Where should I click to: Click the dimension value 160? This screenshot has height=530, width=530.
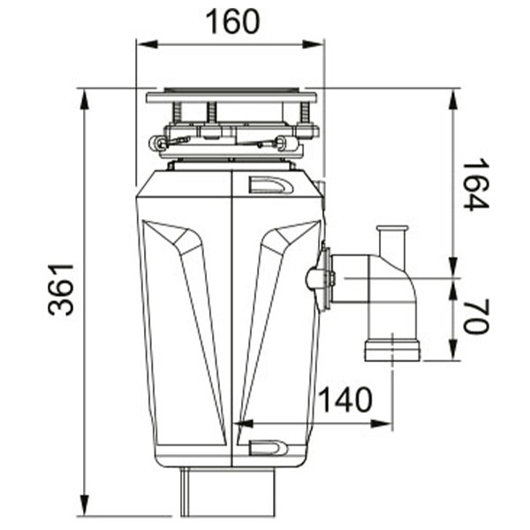coord(233,22)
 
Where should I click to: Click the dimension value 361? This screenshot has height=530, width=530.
coord(61,290)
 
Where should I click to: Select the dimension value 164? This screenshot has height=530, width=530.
coord(475,185)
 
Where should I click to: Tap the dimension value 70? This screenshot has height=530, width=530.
coord(475,316)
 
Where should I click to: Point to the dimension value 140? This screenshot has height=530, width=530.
coord(345,399)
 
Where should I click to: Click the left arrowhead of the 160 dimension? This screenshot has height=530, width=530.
coord(147,44)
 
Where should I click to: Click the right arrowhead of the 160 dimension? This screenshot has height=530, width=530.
coord(313,44)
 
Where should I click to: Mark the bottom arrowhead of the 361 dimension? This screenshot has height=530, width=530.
coord(84,505)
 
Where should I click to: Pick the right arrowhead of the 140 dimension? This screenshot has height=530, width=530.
coord(382,423)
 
